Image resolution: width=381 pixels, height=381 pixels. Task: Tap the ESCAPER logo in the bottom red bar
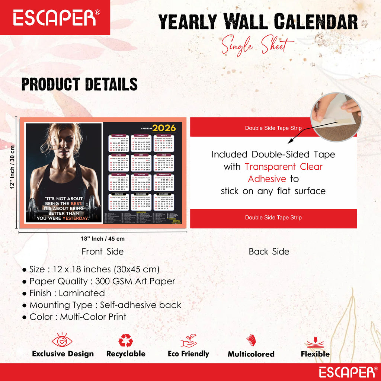click(347, 372)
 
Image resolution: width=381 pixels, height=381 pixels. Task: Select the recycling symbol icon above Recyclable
click(126, 340)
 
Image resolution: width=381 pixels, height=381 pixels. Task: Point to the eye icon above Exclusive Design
click(62, 340)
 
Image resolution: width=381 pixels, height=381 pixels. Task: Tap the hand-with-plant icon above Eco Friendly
click(188, 340)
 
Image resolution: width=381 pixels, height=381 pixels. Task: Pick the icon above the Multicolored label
click(251, 341)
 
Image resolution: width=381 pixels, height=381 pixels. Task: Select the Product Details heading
click(79, 84)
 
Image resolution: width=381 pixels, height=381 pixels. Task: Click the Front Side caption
click(102, 252)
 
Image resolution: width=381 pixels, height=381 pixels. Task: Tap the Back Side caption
click(269, 252)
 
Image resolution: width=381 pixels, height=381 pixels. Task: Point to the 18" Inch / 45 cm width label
click(103, 239)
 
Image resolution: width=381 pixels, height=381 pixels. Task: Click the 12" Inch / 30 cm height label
click(12, 167)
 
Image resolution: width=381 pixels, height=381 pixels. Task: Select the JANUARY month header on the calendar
click(119, 135)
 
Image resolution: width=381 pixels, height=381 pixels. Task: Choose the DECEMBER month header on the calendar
click(164, 194)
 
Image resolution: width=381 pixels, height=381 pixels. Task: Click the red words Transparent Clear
click(284, 166)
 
